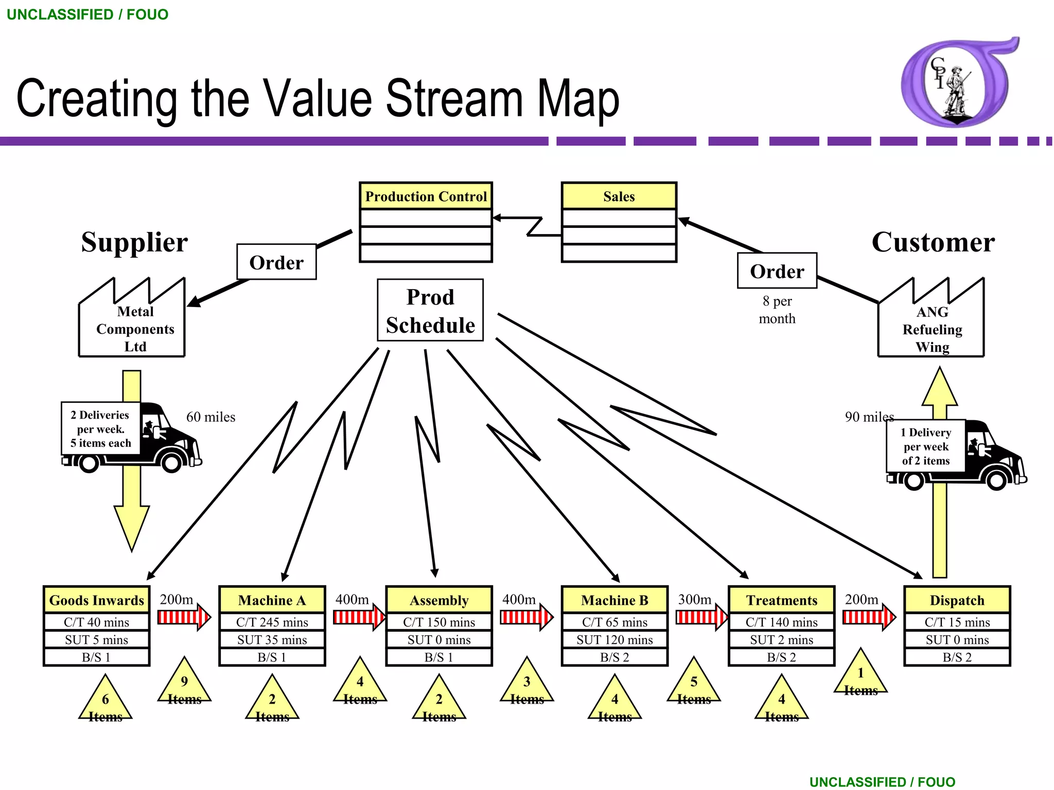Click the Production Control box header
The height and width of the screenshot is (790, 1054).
pyautogui.click(x=426, y=196)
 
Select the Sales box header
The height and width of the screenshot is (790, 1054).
pyautogui.click(x=619, y=196)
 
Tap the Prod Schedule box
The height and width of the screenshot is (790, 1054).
pyautogui.click(x=430, y=311)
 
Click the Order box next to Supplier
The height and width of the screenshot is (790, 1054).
pyautogui.click(x=276, y=262)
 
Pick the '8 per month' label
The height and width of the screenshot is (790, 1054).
pyautogui.click(x=777, y=310)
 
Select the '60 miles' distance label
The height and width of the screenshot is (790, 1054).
pyautogui.click(x=210, y=417)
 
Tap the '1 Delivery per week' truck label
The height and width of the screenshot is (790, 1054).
pyautogui.click(x=925, y=446)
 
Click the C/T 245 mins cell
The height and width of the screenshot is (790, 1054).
pyautogui.click(x=272, y=622)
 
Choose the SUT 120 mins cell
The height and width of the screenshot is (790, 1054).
pyautogui.click(x=614, y=640)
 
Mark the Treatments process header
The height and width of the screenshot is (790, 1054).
pyautogui.click(x=781, y=600)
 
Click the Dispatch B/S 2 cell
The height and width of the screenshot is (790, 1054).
pyautogui.click(x=957, y=657)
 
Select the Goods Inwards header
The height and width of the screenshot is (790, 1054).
pyautogui.click(x=97, y=600)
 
